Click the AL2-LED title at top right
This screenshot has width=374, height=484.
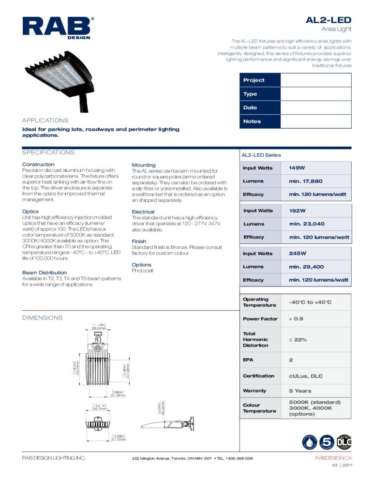(328, 20)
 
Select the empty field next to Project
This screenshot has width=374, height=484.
(315, 80)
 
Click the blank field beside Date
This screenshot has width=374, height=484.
(315, 107)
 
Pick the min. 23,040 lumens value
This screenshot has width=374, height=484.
(307, 224)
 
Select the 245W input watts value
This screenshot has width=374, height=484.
(298, 254)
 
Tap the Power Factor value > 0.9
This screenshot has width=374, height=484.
(297, 319)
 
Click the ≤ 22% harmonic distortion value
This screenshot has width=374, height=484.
(298, 340)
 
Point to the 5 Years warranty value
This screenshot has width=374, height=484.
(300, 391)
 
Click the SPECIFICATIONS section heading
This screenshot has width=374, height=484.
(48, 152)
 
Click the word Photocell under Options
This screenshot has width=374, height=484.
(142, 271)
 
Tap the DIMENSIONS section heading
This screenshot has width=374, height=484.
(43, 318)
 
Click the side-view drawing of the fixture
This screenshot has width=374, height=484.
(167, 423)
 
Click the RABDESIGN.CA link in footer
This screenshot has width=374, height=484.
(333, 458)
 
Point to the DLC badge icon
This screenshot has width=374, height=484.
(344, 441)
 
